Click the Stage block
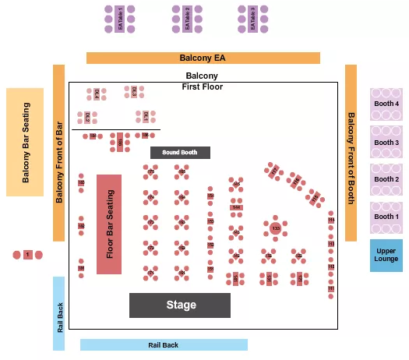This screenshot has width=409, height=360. [179, 305]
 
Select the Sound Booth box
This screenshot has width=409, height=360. [180, 152]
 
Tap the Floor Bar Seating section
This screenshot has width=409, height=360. [109, 224]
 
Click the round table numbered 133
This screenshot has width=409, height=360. [276, 228]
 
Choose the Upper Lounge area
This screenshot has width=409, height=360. [386, 255]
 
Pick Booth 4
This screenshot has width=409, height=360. [386, 104]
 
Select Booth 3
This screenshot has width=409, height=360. [386, 143]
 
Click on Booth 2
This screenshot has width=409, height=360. [386, 180]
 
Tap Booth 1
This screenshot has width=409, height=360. [386, 217]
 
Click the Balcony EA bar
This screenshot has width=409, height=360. [203, 58]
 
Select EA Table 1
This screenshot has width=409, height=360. [121, 19]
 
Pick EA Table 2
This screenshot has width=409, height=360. [187, 19]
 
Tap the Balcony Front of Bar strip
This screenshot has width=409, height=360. [58, 153]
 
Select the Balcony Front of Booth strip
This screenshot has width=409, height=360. [351, 153]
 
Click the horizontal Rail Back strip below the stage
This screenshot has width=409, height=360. [164, 344]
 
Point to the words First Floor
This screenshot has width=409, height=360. [203, 86]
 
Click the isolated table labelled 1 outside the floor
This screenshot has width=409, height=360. [28, 255]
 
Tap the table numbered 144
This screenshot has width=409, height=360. [236, 208]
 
